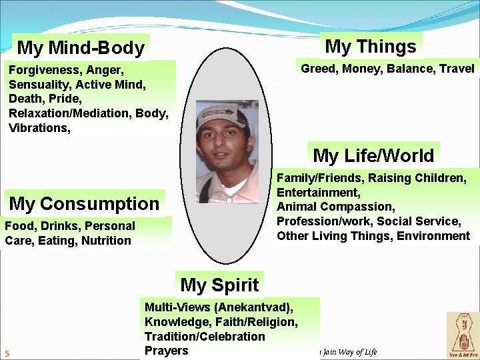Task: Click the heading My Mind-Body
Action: tap(81, 48)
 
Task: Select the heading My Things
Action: tap(370, 47)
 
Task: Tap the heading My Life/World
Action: tap(373, 156)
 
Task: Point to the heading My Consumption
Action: tap(85, 203)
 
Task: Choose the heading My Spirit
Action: tap(219, 285)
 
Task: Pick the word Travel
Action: tap(457, 69)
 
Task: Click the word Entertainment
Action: tap(317, 192)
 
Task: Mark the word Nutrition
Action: tap(106, 241)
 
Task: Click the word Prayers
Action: tap(166, 351)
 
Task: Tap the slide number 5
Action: tap(7, 353)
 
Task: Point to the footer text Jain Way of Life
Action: tap(349, 352)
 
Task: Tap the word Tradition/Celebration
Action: tap(205, 337)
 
